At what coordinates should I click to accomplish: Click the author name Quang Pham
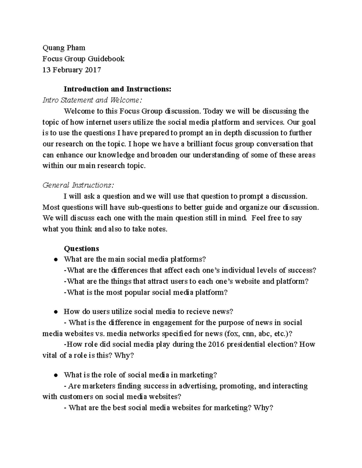pyautogui.click(x=64, y=48)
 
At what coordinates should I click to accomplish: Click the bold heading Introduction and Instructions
pyautogui.click(x=117, y=89)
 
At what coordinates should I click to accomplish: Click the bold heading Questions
pyautogui.click(x=81, y=248)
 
